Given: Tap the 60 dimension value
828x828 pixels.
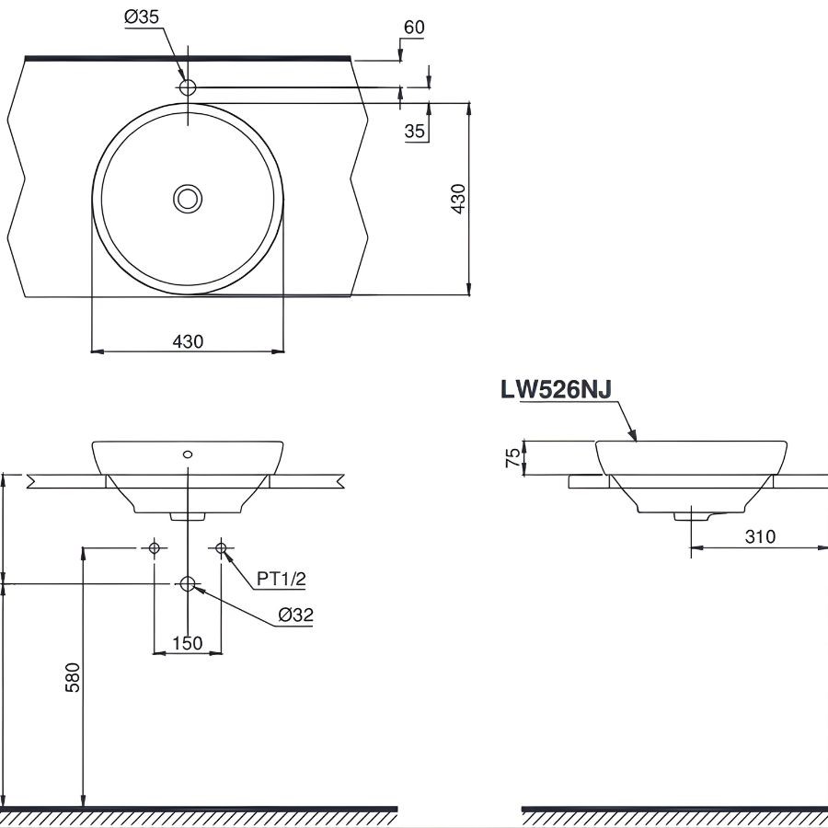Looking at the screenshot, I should coord(414,27).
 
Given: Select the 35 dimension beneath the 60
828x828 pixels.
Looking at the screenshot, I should coord(415,132).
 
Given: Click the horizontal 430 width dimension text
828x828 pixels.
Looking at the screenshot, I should coord(188,341).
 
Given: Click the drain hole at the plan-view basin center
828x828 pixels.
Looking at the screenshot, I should coord(188,198).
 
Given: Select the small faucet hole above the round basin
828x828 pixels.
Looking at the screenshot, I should coord(188,87).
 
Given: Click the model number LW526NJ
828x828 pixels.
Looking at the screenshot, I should coord(556,389).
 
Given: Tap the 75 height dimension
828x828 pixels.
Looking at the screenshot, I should coord(512,458).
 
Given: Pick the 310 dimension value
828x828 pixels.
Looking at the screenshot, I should coord(760,536).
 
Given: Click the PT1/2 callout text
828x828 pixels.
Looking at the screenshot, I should coord(281,579).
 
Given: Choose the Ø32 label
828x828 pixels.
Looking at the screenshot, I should coord(294,615).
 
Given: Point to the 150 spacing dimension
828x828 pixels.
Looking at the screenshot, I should coord(188,643).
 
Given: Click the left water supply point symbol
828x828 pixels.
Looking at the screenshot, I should coord(155,548).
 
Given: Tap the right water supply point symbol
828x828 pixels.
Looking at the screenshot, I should coord(221,548).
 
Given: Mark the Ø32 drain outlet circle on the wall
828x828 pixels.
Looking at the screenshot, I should coord(188,583).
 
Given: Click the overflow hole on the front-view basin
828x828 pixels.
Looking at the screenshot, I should coord(188,454).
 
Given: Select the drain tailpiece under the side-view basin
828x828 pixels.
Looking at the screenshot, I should coord(691,517).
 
